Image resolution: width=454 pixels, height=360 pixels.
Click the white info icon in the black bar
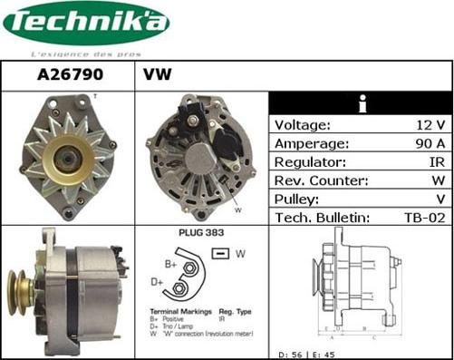pyautogui.click(x=362, y=102)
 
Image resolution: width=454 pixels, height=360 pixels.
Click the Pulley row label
pyautogui.click(x=297, y=199)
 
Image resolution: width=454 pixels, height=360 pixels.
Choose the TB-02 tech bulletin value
pyautogui.click(x=424, y=218)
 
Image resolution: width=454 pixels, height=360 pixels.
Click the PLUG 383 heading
pyautogui.click(x=202, y=233)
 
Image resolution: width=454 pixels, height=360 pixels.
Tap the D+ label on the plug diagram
pyautogui.click(x=157, y=282)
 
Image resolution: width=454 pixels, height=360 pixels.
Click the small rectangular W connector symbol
pyautogui.click(x=219, y=253)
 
